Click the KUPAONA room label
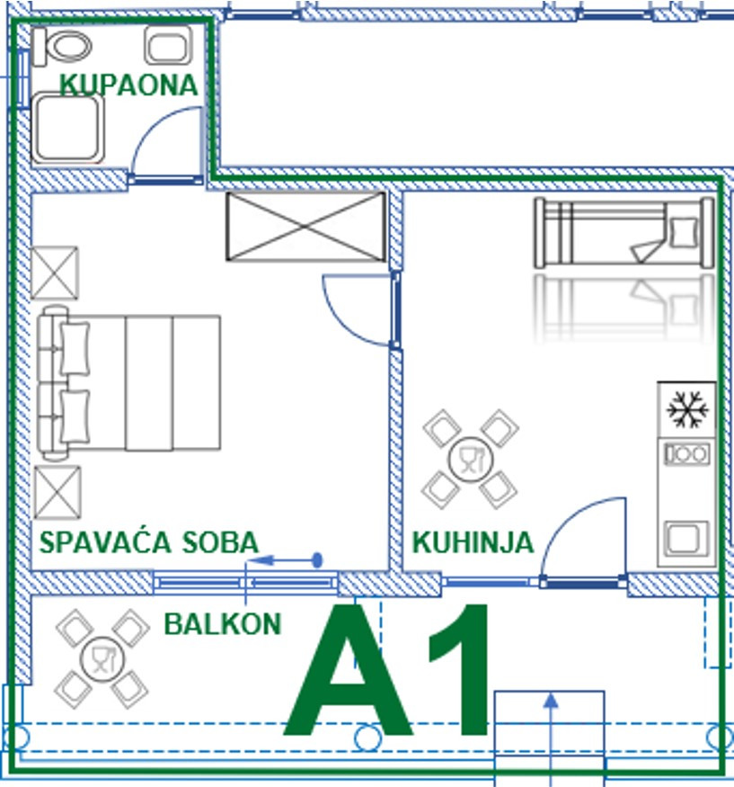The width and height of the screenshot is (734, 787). (128, 85)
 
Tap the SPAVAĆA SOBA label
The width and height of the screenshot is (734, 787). (149, 542)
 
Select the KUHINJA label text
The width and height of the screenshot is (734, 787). (473, 542)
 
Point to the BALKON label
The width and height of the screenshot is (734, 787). (223, 624)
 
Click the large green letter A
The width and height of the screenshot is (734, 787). (348, 671)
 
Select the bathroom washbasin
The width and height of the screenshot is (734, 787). (169, 45)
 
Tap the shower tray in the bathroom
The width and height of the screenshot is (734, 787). (67, 129)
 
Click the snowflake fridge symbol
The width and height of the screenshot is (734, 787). (687, 409)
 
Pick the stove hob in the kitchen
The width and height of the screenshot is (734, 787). (687, 455)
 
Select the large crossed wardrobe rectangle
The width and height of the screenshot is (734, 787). (305, 227)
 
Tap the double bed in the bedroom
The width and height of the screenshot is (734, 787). (128, 383)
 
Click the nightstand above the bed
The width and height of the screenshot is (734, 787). (55, 273)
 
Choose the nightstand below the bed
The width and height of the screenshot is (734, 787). (57, 492)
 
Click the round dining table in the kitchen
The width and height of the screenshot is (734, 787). (470, 460)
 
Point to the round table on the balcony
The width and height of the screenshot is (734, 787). (102, 659)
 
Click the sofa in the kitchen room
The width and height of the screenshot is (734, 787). (624, 232)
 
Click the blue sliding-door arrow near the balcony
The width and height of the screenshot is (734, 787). (285, 560)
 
